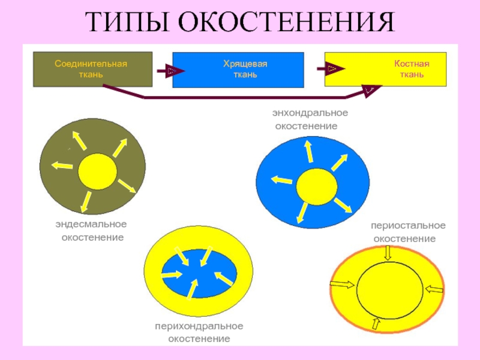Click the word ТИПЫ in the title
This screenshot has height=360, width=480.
(x=128, y=22)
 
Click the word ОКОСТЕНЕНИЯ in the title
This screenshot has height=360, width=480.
(x=287, y=22)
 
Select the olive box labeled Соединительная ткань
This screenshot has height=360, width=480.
(x=93, y=69)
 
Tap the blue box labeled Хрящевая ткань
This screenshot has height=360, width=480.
(x=238, y=70)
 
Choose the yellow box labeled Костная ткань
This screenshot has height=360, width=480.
(x=385, y=69)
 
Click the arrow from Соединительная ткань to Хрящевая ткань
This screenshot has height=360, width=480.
(x=171, y=71)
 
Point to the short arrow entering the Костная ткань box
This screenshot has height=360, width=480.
(x=331, y=68)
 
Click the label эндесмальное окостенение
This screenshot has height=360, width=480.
(x=91, y=230)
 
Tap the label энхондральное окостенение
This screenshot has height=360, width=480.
(x=310, y=119)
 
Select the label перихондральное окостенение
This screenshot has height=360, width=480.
(x=199, y=332)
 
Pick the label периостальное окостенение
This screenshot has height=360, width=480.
(x=408, y=232)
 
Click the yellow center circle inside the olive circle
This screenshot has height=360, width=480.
(x=97, y=172)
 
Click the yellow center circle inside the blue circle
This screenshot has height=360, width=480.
(x=317, y=187)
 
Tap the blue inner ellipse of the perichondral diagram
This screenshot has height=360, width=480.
(x=199, y=274)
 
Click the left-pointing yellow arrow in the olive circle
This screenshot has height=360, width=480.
(x=62, y=166)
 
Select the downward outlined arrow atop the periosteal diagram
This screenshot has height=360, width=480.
(x=388, y=253)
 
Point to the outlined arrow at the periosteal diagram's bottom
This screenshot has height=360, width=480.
(x=376, y=323)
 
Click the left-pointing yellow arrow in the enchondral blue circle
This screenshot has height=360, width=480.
(x=281, y=179)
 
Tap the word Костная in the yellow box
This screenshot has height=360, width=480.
(x=412, y=64)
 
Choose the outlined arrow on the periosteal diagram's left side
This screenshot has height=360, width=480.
(x=342, y=284)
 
